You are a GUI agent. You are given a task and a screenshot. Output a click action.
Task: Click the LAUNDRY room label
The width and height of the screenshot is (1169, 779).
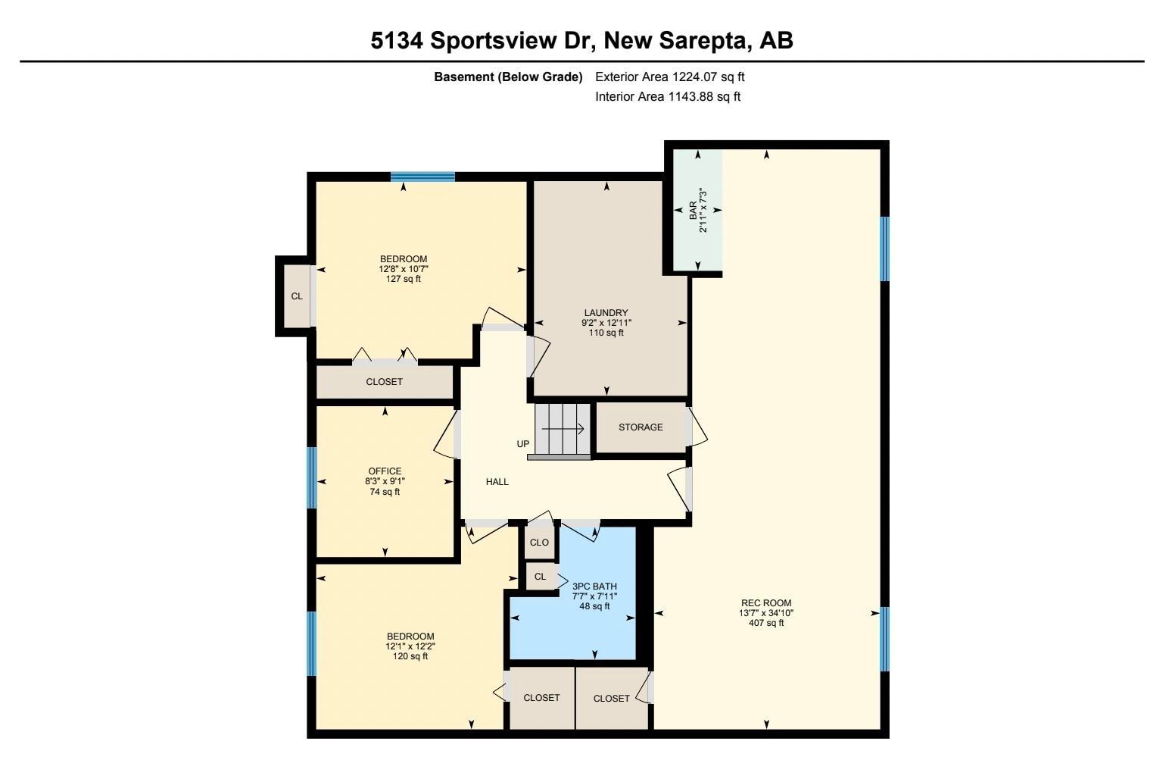606,313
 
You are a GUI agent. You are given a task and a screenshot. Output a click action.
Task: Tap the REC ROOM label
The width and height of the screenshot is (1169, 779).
766,603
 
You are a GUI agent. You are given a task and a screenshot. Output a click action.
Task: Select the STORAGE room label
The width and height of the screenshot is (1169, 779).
641,427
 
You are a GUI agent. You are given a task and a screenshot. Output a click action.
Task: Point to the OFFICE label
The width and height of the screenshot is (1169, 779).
385,471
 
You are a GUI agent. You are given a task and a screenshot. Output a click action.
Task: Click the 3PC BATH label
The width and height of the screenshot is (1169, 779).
594,587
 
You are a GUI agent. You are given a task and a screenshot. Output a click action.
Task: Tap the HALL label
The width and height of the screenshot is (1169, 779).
497,482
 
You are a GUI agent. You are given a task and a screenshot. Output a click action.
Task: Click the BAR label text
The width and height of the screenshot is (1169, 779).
693,210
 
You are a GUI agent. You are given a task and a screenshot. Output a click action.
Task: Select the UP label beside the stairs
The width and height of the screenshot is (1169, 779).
523,443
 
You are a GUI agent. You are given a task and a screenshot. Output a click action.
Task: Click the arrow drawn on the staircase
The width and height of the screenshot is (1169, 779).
563,429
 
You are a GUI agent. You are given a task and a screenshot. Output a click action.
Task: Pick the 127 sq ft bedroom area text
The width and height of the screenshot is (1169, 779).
404,279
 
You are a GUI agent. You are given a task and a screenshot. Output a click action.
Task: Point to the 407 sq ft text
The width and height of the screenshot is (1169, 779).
766,623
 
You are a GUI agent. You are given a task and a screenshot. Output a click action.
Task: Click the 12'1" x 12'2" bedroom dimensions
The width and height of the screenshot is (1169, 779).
410,646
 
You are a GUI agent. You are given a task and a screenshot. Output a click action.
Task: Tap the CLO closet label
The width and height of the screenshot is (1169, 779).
539,543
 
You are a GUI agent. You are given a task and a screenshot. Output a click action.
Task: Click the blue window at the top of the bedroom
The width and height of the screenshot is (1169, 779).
422,177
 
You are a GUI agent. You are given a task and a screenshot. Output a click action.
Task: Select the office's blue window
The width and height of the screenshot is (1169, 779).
312,477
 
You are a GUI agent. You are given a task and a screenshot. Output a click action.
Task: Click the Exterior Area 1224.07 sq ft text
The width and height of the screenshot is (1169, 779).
670,77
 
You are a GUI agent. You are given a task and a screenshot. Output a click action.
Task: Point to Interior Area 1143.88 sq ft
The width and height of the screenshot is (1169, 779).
668,97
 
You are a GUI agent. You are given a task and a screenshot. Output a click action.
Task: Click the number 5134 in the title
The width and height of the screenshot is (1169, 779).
396,40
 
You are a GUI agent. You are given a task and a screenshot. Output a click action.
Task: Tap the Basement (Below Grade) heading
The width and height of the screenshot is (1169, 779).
508,77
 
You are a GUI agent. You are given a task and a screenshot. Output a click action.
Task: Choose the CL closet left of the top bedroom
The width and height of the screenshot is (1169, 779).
297,296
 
